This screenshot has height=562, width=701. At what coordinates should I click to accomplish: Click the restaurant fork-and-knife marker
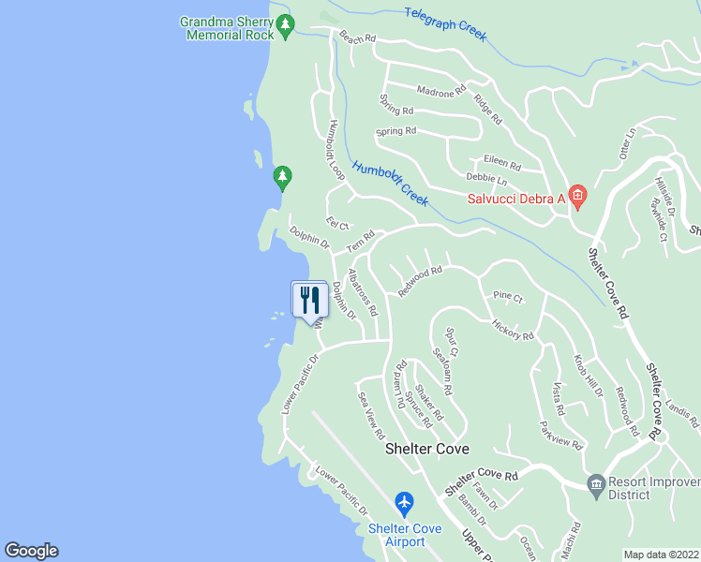[308, 300]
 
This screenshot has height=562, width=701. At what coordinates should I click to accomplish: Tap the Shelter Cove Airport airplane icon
[405, 504]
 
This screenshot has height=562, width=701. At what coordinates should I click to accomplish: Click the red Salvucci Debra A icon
[577, 198]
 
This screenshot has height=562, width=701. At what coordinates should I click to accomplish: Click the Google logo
[31, 551]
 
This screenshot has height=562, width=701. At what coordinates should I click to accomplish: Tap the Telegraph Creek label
[445, 23]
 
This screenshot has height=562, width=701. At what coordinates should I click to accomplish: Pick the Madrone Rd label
[440, 92]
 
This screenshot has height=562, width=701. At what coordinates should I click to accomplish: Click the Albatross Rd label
[362, 292]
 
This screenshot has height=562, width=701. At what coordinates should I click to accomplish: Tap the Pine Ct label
[507, 296]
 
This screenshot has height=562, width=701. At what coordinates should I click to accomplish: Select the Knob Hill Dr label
[589, 376]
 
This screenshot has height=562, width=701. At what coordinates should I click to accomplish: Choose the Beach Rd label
[357, 38]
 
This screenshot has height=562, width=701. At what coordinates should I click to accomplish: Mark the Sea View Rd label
[371, 416]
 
